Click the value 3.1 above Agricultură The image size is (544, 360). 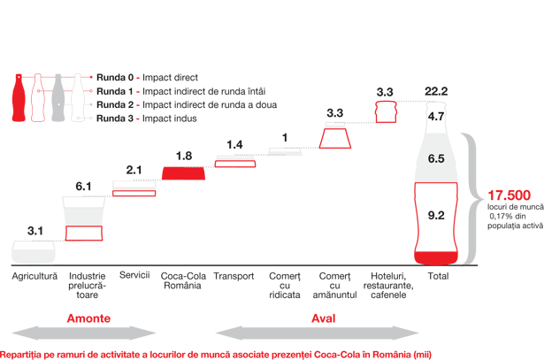tap(35, 231)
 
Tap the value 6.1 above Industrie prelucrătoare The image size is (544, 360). tap(83, 187)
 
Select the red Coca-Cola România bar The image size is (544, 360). tap(183, 173)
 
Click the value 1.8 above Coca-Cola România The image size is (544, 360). tap(183, 156)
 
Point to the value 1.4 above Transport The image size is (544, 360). tap(234, 145)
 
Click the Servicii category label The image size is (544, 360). tap(134, 275)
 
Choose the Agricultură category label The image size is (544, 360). tap(34, 276)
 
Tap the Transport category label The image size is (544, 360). tap(234, 276)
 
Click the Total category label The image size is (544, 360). tap(437, 276)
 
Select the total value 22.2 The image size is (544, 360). tap(436, 91)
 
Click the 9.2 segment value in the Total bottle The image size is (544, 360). tap(436, 215)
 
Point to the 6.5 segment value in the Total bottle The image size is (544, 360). tap(436, 159)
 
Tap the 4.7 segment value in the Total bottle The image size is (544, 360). tap(436, 116)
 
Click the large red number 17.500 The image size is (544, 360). tap(509, 195)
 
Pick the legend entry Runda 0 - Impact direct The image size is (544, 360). tap(147, 78)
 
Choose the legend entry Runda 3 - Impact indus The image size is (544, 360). tap(147, 118)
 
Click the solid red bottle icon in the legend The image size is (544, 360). tap(18, 98)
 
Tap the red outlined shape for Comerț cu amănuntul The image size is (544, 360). tap(334, 139)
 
